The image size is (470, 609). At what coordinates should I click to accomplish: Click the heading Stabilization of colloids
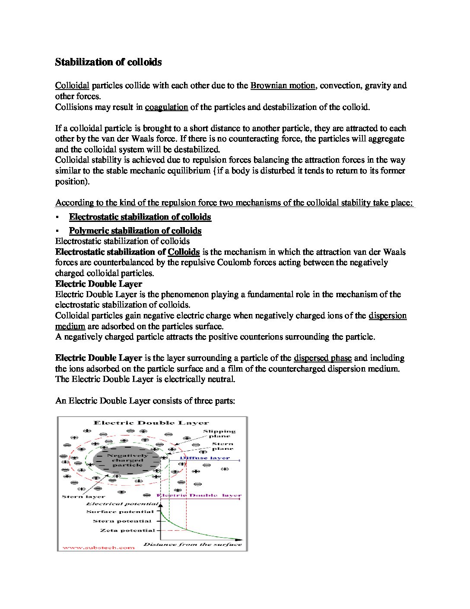point(108,62)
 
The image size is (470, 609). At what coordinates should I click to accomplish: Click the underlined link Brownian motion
point(283,85)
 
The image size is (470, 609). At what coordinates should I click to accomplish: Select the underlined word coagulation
point(166,107)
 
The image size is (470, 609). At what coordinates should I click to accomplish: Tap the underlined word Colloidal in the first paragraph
point(72,85)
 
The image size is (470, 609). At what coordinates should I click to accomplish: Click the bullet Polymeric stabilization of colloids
point(135,231)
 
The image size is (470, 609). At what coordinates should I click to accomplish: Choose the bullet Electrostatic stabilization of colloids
point(140,217)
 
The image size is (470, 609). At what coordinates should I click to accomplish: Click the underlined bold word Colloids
point(184,252)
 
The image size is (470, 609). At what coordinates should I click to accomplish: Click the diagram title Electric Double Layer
point(151,423)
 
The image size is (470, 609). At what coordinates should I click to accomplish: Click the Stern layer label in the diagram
point(77,497)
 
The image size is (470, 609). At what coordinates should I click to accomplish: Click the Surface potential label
point(120,512)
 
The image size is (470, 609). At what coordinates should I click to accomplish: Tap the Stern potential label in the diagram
point(122,521)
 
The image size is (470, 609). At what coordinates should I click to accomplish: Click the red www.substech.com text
point(99,548)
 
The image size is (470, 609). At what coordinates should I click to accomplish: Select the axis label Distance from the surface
point(193,544)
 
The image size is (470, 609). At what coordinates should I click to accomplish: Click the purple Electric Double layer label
point(199,495)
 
